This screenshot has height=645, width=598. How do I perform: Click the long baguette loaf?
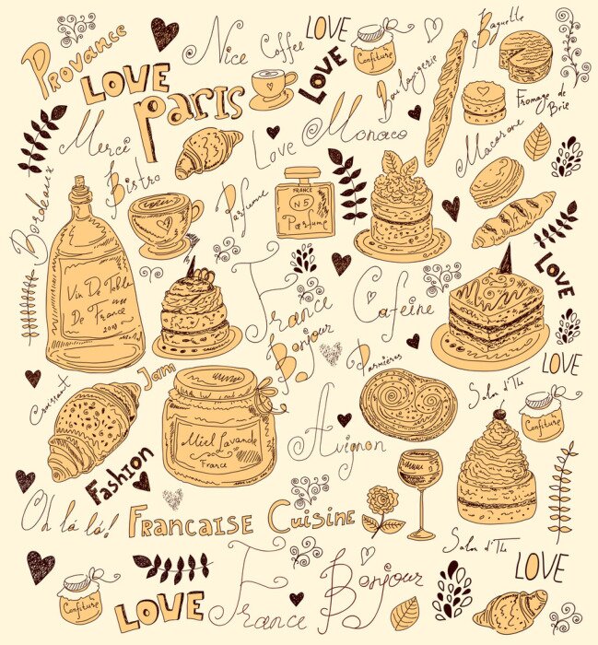click(446, 98)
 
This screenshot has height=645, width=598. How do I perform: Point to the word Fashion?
click(117, 472)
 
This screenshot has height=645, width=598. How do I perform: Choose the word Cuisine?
click(311, 518)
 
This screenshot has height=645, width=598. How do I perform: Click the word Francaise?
click(190, 522)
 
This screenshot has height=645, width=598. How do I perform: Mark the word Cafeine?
click(392, 304)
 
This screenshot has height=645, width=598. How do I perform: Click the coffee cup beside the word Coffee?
click(273, 88)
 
